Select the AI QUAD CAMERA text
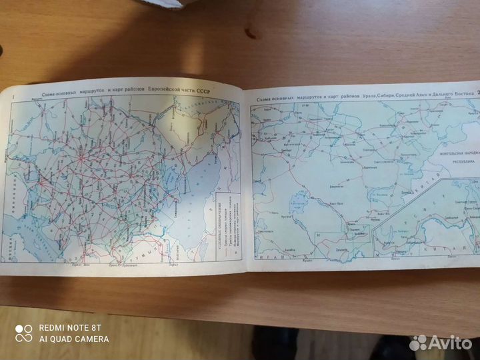click(x=74, y=339)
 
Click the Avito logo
click(x=441, y=343)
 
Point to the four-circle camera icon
click(x=24, y=333)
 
